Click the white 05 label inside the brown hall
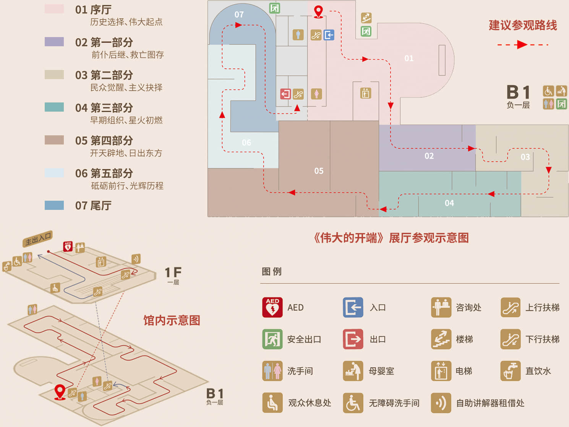(319, 171)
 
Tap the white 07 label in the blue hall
(239, 15)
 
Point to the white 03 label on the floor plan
(525, 157)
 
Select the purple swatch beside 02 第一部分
(54, 42)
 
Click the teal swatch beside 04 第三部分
(54, 107)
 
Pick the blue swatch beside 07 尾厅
(54, 205)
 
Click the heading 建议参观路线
(523, 25)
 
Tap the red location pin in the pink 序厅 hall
(318, 12)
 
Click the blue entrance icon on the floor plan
(329, 35)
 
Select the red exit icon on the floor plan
(285, 94)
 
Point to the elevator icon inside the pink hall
(365, 93)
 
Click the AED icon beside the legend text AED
(272, 307)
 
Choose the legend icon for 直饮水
(510, 371)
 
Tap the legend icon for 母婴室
(353, 371)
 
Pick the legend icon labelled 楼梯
(441, 339)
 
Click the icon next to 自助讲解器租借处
(441, 403)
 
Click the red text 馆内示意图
(172, 320)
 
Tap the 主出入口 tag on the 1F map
(38, 239)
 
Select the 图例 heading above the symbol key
(271, 271)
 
